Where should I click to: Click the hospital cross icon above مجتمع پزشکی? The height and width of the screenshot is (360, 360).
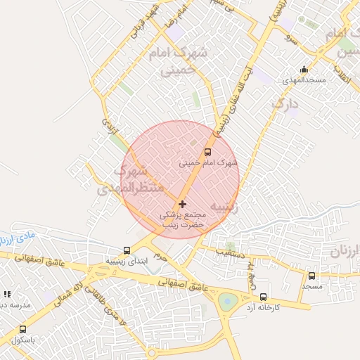183,204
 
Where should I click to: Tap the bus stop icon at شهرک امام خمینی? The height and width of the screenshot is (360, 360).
207,152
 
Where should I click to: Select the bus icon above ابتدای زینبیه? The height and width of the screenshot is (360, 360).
127,250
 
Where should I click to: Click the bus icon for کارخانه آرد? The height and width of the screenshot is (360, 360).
263,297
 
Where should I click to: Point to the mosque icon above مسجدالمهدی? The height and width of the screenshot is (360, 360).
303,69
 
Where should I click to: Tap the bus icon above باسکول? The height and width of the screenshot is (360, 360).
23,329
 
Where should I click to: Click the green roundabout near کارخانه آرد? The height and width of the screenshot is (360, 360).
228,302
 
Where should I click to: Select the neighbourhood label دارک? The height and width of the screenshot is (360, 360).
285,104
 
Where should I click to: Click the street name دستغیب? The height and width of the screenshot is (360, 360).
230,251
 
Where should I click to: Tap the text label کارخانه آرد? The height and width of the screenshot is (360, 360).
263,308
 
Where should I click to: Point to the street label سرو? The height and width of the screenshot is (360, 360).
290,37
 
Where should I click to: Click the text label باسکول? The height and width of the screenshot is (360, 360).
23,340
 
